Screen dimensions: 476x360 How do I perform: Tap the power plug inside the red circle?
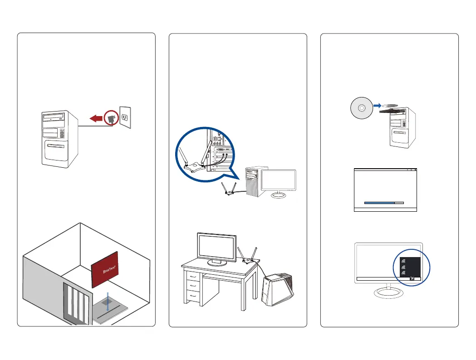tap(110, 119)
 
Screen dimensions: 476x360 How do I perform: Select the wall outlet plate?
tap(125, 117)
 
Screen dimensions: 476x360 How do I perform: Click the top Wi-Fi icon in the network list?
tap(403, 261)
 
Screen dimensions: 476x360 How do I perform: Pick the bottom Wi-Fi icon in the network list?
tap(403, 274)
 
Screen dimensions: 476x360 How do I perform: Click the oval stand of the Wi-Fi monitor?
tap(389, 293)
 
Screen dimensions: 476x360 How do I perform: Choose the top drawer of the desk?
tap(194, 276)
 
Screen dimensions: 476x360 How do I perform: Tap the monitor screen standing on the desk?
tap(216, 248)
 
